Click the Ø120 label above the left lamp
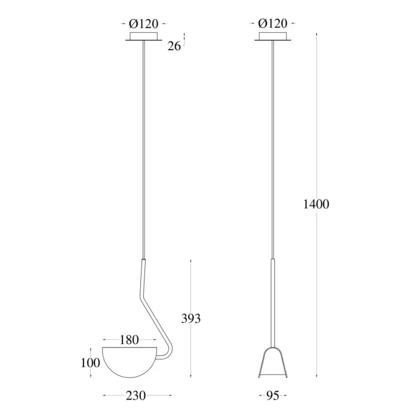(143, 24)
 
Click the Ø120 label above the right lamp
(272, 24)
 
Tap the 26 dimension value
(174, 46)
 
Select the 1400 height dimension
(316, 204)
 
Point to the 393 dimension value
(191, 318)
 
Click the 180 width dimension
(130, 340)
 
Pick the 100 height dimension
(90, 363)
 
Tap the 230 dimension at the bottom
(136, 395)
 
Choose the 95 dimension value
(273, 395)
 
